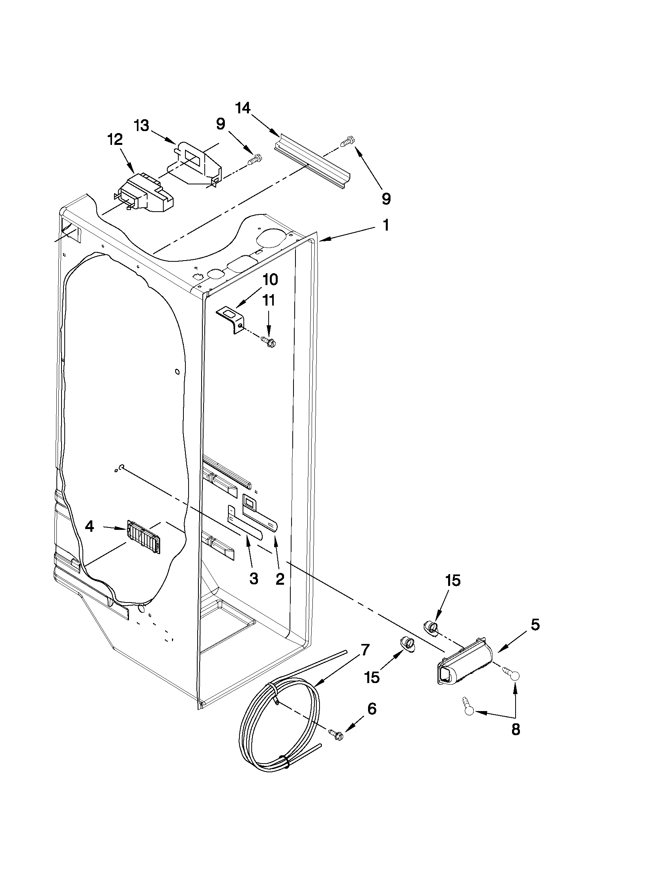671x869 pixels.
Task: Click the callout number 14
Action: tap(243, 108)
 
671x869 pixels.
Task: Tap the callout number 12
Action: tap(114, 140)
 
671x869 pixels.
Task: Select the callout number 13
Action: tap(141, 126)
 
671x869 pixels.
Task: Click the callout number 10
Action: tap(270, 280)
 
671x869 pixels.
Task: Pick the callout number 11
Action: tap(269, 300)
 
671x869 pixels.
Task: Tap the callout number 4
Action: tap(90, 527)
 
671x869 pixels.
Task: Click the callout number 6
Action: tap(372, 709)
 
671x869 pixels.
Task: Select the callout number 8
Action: tap(515, 730)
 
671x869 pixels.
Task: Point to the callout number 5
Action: tap(535, 625)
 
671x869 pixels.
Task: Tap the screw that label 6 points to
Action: tap(335, 733)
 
